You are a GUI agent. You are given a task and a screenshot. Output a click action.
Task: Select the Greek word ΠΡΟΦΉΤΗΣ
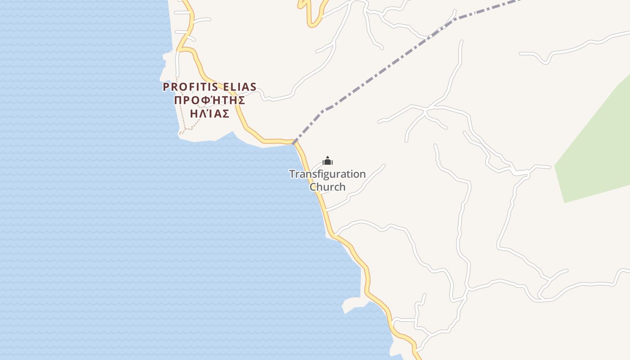click(209, 100)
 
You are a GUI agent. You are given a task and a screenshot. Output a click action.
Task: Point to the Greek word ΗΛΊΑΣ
click(210, 113)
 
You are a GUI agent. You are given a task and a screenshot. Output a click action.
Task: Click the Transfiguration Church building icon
click(328, 162)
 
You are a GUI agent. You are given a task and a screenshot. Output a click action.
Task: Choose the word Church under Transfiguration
click(328, 187)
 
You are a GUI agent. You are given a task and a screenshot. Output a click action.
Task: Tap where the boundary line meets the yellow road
click(294, 144)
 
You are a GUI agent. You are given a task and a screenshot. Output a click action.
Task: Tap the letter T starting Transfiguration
click(292, 174)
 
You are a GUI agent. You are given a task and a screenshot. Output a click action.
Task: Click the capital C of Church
click(313, 187)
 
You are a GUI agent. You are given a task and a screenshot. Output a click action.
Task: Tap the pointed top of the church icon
click(328, 157)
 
